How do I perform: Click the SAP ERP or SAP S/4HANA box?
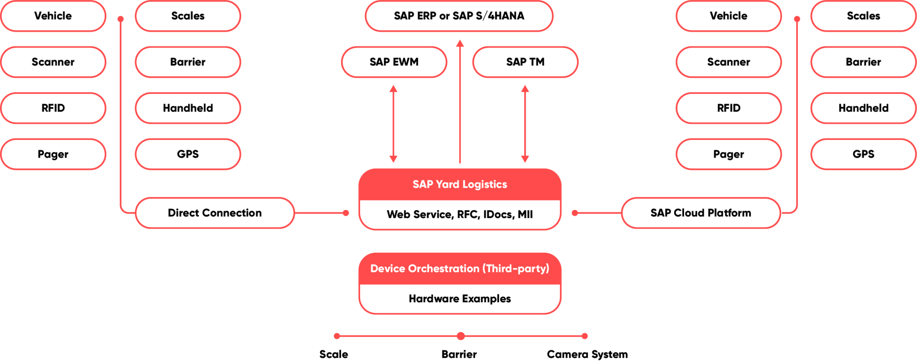click(x=458, y=16)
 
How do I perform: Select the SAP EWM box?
click(x=394, y=62)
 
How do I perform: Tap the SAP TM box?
click(x=525, y=62)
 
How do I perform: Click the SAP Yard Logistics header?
click(x=460, y=184)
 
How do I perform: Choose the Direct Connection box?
click(x=215, y=213)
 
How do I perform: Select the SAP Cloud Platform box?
click(x=701, y=213)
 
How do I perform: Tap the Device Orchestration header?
click(x=460, y=269)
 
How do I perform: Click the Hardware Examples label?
click(x=460, y=299)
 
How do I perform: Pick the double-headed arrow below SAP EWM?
click(x=393, y=124)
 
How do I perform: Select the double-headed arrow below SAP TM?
click(x=525, y=124)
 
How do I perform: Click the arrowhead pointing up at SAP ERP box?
click(x=460, y=43)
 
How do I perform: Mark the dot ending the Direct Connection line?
click(x=346, y=213)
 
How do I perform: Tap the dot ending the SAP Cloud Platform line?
click(x=575, y=213)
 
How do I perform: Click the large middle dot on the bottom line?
click(x=461, y=336)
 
